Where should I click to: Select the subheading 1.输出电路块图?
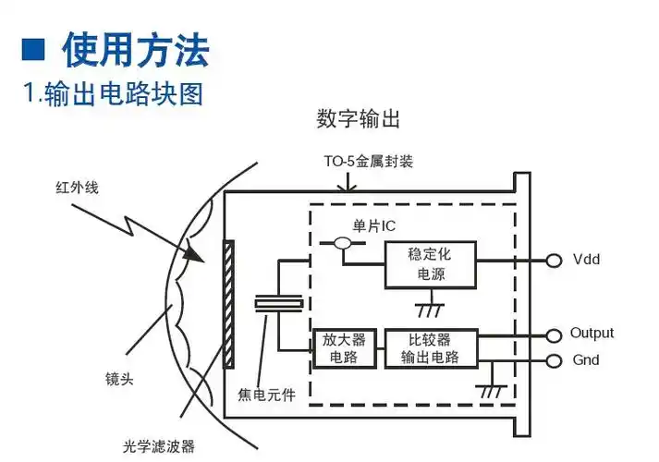[112, 93]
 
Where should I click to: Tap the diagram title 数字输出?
[358, 120]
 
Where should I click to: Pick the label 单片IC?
[374, 225]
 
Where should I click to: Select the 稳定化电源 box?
[430, 263]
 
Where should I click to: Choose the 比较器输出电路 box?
[430, 347]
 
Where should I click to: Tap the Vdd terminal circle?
[553, 260]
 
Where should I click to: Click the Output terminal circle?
[553, 334]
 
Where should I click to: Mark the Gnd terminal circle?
[553, 360]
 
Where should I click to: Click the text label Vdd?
[586, 260]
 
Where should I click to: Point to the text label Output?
[592, 334]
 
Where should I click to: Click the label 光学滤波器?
[159, 445]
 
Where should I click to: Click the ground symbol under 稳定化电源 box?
[429, 307]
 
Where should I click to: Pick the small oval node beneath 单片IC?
[343, 244]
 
